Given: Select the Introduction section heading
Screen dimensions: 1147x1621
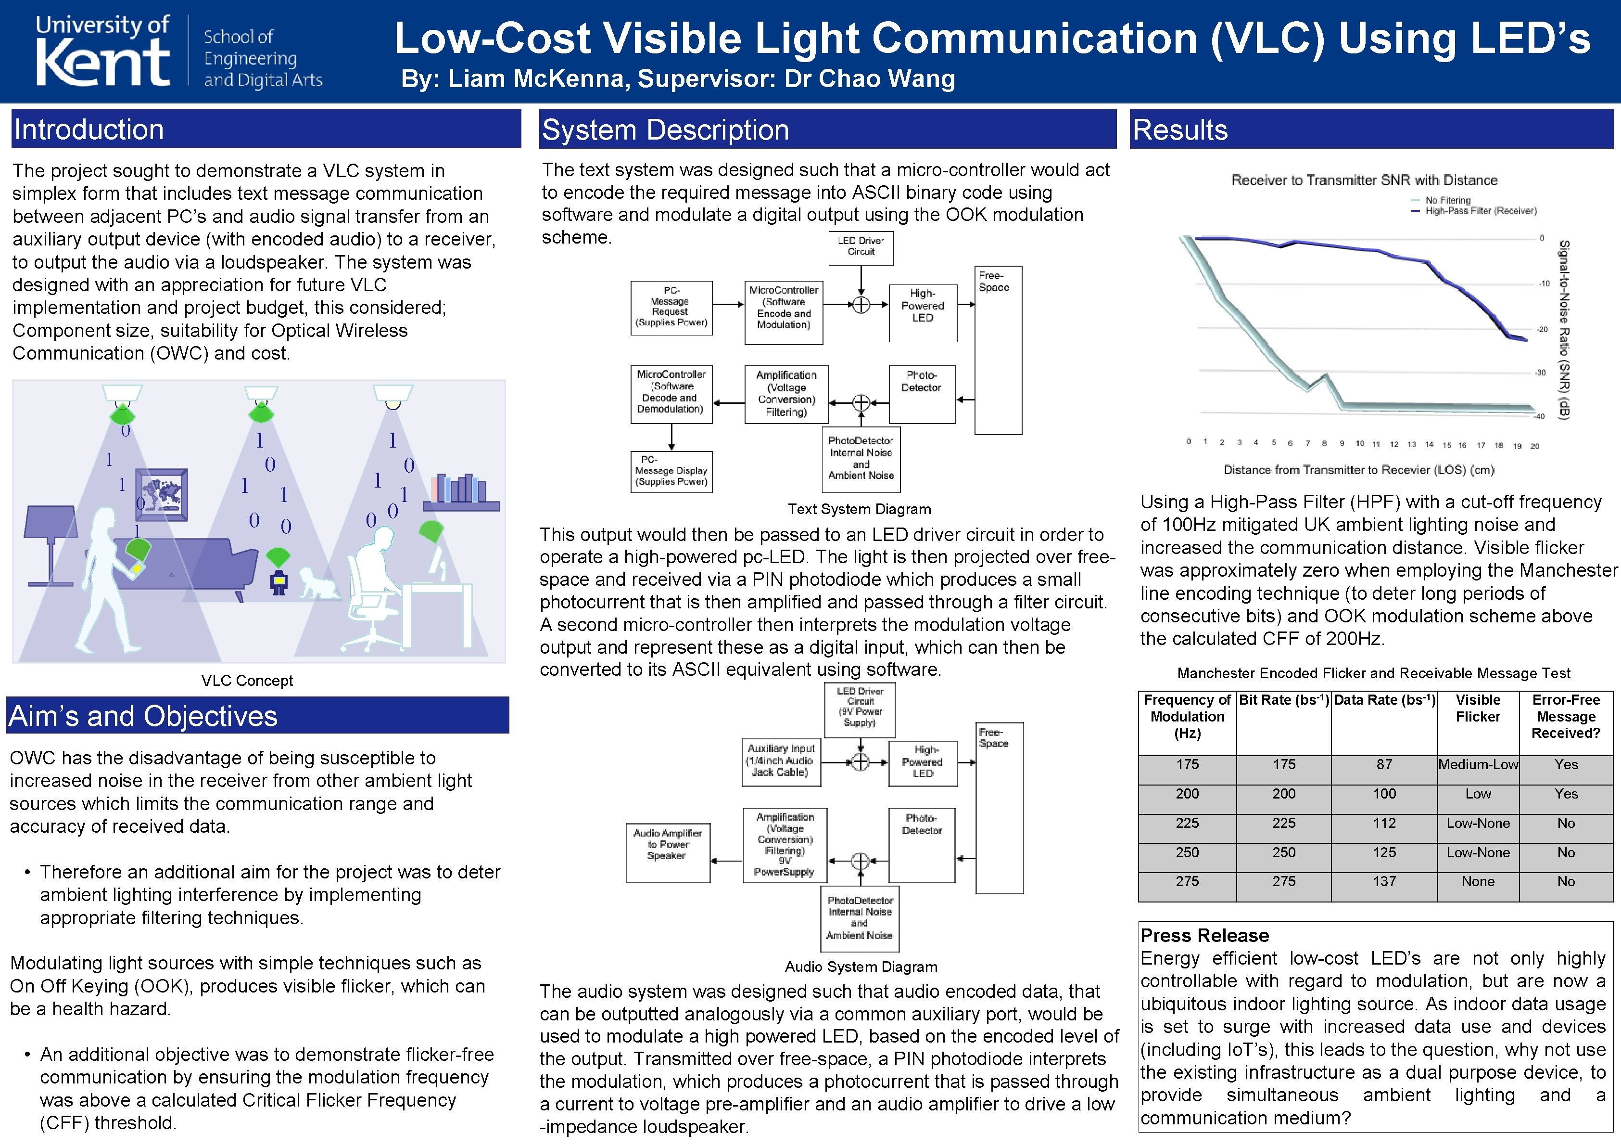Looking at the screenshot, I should point(89,130).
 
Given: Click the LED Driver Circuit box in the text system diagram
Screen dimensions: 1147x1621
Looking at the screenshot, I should point(861,247).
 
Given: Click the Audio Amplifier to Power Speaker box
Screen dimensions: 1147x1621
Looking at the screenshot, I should point(667,852).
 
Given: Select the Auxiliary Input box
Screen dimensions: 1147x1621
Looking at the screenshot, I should point(780,760).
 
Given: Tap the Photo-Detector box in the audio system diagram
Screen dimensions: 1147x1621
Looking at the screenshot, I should point(921,844).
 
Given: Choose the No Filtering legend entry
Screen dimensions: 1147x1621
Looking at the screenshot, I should point(1447,201).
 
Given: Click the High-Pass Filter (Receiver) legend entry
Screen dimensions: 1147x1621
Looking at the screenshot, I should point(1480,210).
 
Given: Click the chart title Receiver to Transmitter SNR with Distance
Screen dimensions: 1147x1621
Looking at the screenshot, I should point(1364,180).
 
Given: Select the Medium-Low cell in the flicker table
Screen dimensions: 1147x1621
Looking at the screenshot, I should point(1478,765).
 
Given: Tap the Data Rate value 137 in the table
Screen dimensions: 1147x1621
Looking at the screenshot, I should point(1384,881).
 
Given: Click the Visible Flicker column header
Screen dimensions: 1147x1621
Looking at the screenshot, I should point(1478,709).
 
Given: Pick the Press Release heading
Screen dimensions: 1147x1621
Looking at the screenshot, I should point(1204,936).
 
